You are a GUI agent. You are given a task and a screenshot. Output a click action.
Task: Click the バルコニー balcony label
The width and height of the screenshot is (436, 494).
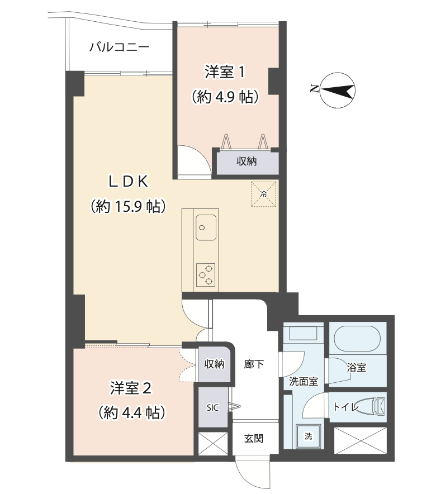point(120,47)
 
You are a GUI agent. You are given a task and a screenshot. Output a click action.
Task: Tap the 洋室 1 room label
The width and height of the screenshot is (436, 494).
point(225,72)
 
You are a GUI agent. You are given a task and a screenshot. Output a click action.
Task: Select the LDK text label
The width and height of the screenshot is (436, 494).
point(128,182)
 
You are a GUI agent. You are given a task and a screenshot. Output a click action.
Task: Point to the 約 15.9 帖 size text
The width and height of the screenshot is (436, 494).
point(128,206)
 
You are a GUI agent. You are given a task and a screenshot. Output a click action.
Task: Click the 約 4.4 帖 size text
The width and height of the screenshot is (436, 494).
point(132,412)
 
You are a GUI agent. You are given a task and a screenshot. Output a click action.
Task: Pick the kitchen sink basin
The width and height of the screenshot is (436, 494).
point(206,227)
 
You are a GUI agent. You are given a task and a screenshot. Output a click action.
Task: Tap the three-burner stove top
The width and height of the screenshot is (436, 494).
point(206,275)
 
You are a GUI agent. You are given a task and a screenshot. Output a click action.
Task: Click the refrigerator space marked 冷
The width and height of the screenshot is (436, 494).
point(263,194)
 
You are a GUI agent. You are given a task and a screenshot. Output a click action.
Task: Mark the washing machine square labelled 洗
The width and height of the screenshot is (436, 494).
point(308,436)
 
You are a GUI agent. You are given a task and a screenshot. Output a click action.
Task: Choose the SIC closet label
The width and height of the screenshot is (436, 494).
point(212,408)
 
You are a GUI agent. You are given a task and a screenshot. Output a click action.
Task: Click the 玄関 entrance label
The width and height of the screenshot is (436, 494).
point(254,438)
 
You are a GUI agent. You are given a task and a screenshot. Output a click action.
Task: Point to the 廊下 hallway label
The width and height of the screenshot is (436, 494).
point(254,364)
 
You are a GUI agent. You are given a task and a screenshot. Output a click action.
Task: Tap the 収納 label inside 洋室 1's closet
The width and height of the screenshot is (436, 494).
point(247,161)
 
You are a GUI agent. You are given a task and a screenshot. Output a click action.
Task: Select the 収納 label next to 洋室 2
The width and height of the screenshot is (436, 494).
point(214,364)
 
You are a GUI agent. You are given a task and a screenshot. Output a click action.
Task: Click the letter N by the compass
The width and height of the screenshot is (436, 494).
point(314,88)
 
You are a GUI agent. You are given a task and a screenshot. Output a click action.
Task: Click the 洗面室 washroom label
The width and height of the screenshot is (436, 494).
point(304,382)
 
